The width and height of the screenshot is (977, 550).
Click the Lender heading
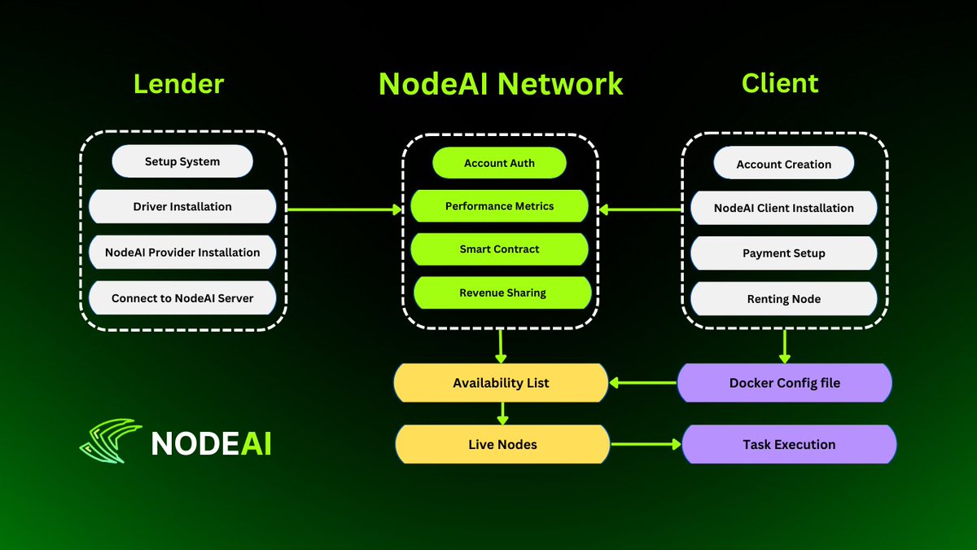178,84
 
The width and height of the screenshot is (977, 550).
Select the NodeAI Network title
501,84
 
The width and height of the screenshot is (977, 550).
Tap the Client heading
780,83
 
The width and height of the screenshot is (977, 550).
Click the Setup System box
182,161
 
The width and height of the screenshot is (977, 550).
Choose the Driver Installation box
182,207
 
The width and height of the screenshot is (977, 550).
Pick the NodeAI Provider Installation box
182,253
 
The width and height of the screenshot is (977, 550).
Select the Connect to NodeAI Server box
182,298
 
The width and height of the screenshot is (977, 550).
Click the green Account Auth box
499,163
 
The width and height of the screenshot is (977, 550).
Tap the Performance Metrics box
499,206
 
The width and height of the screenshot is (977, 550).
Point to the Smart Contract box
499,249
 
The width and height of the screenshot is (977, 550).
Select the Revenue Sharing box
502,293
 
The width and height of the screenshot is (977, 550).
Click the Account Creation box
783,164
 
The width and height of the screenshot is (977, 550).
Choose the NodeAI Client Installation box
783,208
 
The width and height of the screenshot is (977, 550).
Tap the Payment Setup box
783,253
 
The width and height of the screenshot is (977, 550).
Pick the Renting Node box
783,299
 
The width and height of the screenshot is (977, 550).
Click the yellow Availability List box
501,383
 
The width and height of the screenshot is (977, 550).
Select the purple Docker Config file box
785,383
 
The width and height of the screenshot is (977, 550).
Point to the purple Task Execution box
788,445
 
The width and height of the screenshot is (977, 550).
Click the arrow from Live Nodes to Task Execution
646,445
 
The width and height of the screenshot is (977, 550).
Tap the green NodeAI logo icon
112,441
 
